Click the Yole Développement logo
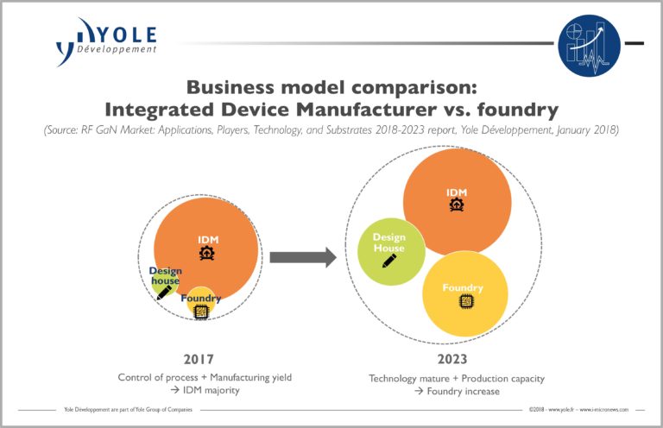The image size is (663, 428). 106,41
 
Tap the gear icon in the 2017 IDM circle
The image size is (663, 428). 206,253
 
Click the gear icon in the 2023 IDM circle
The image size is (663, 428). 456,205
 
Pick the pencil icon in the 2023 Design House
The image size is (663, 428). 389,260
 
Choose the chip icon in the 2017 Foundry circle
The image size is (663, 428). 201,312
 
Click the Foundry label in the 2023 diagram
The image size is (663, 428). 463,287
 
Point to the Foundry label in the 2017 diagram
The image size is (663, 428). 201,299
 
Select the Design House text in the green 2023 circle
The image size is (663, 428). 388,242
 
